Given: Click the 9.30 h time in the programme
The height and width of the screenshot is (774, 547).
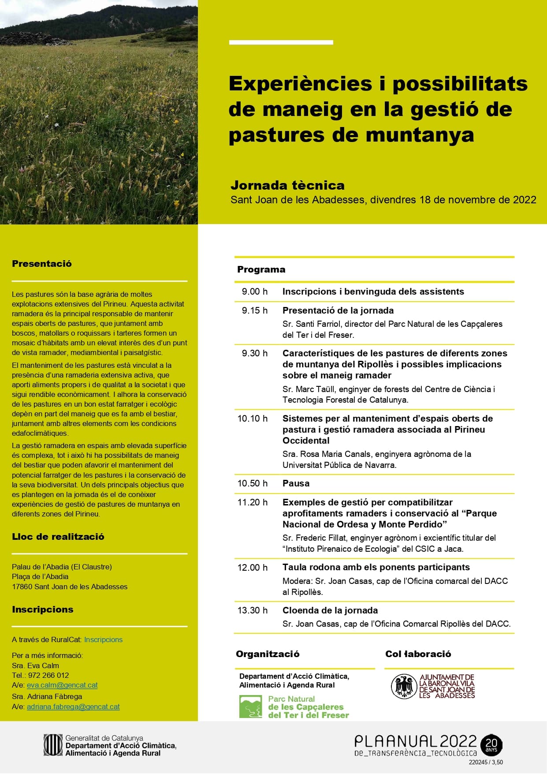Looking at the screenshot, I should click(254, 353).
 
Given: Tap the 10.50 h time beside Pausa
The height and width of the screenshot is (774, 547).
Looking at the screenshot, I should click(252, 483).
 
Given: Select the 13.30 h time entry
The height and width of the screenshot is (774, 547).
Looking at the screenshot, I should click(252, 610).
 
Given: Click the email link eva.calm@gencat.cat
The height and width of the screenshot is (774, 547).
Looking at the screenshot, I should click(62, 685).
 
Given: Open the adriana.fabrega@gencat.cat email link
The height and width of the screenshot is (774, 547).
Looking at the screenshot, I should click(73, 707).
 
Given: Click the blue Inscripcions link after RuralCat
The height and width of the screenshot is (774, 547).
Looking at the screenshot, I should click(103, 639).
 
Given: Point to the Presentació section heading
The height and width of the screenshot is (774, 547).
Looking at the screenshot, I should click(42, 264).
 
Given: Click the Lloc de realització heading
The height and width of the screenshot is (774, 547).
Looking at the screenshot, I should click(58, 537).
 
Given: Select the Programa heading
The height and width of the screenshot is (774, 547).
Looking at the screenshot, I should click(261, 269).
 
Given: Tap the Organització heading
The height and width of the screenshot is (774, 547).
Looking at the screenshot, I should click(268, 654).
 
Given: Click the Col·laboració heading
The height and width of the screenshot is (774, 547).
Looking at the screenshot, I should click(418, 654).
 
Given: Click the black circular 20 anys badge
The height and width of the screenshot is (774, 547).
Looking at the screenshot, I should click(491, 745).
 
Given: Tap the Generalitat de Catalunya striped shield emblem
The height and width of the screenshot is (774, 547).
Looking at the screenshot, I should click(53, 745).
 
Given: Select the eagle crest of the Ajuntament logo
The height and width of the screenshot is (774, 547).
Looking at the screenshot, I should click(404, 686).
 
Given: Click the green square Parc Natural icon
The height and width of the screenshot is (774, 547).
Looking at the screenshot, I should click(251, 707).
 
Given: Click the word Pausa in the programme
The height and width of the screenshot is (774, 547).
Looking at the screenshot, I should click(296, 483).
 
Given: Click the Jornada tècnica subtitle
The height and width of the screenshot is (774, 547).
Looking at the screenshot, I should click(287, 185).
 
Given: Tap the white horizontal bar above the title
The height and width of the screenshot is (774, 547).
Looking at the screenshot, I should click(281, 42).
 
